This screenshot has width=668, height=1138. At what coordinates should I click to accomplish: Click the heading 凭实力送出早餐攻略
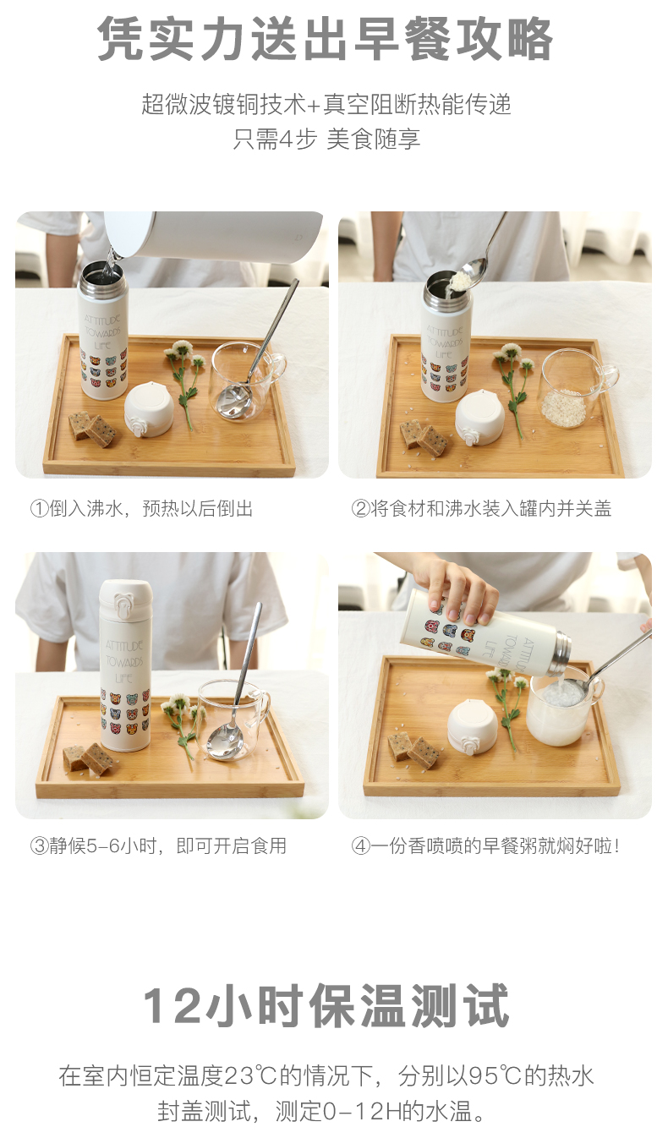(x=325, y=39)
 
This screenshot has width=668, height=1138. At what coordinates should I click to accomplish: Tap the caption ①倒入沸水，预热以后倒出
(x=141, y=508)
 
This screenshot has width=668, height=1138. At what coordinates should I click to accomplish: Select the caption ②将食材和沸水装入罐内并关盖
(x=481, y=508)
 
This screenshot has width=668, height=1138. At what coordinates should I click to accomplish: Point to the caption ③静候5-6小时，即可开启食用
(x=158, y=845)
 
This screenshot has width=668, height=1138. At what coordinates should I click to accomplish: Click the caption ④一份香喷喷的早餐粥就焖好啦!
(x=485, y=845)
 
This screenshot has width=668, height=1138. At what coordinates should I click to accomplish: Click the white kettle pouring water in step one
(x=213, y=236)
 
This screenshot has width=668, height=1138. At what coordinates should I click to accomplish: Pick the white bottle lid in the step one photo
(x=148, y=409)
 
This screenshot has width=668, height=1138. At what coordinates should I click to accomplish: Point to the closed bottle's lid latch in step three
(x=123, y=606)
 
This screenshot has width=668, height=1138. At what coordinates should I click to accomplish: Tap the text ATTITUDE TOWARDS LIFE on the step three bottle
(x=124, y=661)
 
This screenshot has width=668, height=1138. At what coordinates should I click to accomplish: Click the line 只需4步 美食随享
(x=326, y=139)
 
